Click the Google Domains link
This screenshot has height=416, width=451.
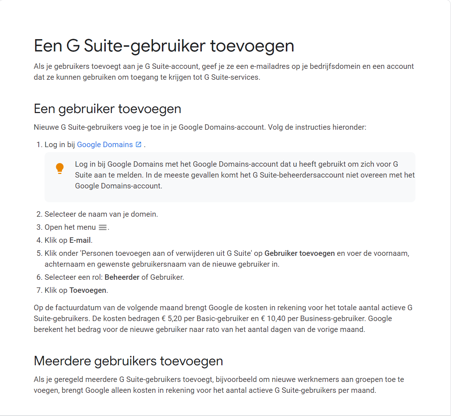point(105,145)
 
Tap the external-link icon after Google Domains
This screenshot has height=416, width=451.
point(138,144)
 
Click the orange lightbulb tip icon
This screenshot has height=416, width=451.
point(60,169)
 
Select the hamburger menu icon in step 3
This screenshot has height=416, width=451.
point(103,228)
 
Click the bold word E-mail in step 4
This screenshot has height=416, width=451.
point(80,240)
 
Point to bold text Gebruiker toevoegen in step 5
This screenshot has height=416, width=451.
point(300,253)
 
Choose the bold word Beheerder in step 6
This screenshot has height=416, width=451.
point(122,277)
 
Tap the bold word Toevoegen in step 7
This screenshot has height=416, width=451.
point(88,290)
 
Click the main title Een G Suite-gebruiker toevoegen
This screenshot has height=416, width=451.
point(164,46)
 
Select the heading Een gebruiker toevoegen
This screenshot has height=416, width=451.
point(107,109)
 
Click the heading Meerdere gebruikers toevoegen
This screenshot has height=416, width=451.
point(128,361)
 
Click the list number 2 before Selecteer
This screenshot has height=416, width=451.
point(39,214)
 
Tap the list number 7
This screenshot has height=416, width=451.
point(39,290)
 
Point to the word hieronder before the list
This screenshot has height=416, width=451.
point(349,127)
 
